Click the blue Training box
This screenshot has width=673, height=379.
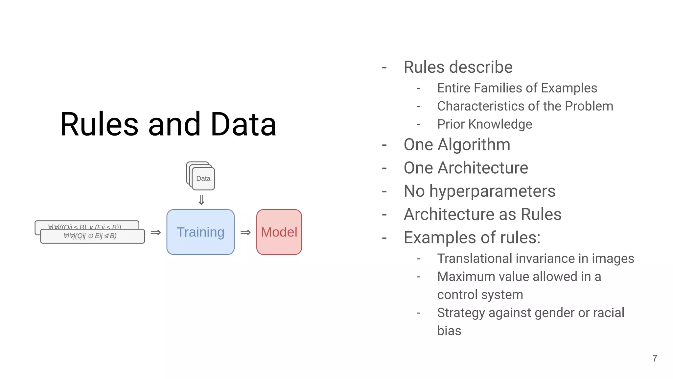tap(200, 232)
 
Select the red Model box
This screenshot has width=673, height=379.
tap(279, 232)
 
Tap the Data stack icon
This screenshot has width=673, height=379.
tap(201, 176)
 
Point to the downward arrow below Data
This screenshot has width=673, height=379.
tap(201, 200)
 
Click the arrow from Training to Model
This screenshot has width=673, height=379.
tap(245, 233)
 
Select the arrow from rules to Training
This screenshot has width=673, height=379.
tap(156, 233)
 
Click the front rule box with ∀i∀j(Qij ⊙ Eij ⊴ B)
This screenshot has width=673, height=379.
tap(92, 236)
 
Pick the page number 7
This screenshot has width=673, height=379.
tap(655, 358)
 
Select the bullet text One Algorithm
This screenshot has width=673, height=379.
tap(457, 145)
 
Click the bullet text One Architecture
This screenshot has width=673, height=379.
tap(466, 168)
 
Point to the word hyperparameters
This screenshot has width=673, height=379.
tap(492, 191)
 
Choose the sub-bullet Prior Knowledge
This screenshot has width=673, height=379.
tap(484, 124)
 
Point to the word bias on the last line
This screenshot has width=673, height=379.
tap(449, 331)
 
